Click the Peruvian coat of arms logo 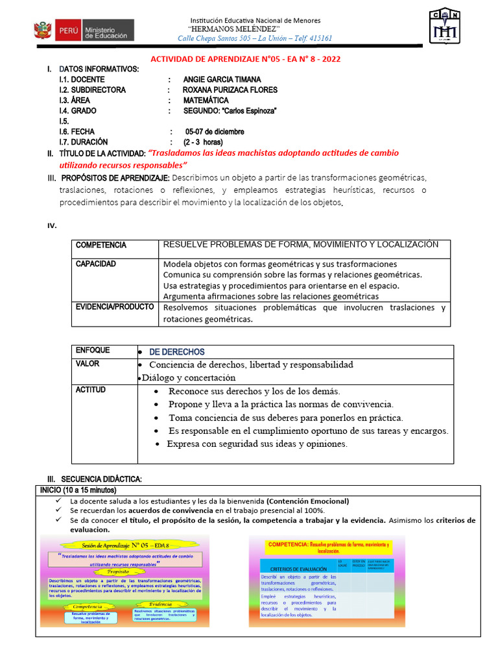42,31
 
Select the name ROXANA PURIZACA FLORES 230,90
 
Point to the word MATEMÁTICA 206,100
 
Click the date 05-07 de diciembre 215,131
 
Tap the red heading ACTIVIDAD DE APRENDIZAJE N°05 245,58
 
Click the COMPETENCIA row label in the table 101,245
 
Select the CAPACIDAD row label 96,264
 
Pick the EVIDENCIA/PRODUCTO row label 115,307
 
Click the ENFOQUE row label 93,350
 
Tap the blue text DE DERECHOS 177,351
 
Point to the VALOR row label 88,364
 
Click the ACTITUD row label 91,390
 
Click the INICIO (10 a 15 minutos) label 78,490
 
